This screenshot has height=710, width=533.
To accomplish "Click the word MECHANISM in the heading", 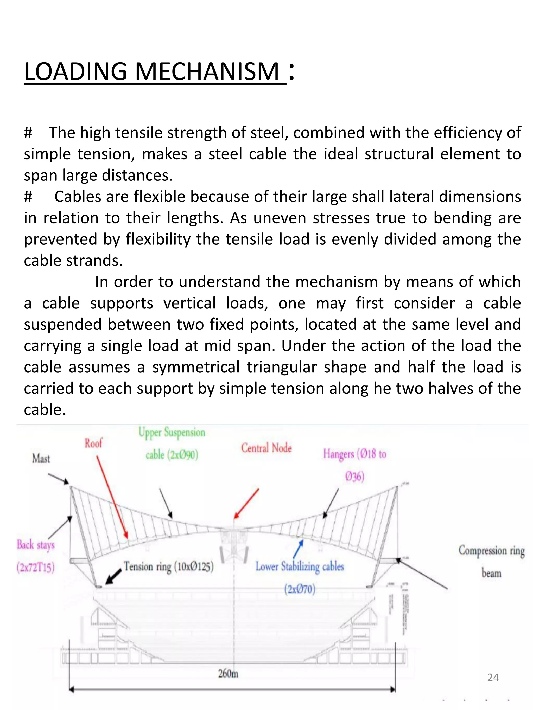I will click(x=207, y=71).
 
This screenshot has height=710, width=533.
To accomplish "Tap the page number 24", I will click(x=493, y=678).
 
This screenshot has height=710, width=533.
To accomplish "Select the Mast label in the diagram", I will click(x=41, y=458).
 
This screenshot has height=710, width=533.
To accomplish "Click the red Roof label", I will click(x=93, y=443).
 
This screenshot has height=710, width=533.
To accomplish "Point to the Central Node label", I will click(x=266, y=448).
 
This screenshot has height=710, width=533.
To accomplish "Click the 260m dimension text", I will click(x=228, y=673).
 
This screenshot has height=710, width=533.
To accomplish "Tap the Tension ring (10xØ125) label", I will click(x=169, y=566).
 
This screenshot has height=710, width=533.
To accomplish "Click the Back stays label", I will click(x=36, y=545).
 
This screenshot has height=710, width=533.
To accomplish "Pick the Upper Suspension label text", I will click(x=172, y=432).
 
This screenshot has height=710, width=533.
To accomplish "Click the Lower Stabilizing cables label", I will click(x=300, y=566).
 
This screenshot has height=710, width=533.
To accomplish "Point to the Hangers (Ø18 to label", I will click(x=355, y=454).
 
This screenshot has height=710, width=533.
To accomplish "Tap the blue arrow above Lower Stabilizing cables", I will click(x=298, y=549).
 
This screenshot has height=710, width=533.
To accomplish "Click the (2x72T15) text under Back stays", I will click(x=36, y=568).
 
